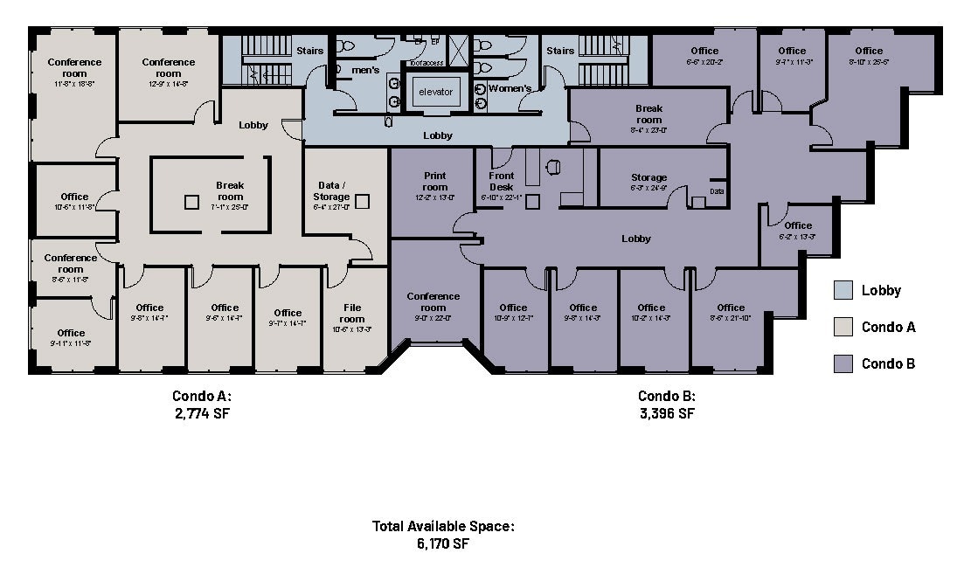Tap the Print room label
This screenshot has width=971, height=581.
click(434, 182)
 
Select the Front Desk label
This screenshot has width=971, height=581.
click(502, 182)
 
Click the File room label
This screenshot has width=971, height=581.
click(352, 313)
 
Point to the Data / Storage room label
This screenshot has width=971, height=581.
click(332, 191)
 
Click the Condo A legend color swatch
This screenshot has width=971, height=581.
click(843, 327)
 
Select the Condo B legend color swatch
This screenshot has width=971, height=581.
click(843, 363)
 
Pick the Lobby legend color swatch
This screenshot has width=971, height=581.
click(843, 290)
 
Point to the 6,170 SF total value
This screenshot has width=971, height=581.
click(443, 543)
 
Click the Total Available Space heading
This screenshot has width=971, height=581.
click(443, 526)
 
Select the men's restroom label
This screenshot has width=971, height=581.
click(364, 70)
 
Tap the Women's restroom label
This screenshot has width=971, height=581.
click(510, 88)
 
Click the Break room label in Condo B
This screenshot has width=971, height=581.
click(648, 114)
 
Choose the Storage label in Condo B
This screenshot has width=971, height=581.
click(648, 177)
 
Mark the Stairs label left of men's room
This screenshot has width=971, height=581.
click(311, 51)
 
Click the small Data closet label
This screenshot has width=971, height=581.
click(717, 191)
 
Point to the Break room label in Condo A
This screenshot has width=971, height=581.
click(230, 191)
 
